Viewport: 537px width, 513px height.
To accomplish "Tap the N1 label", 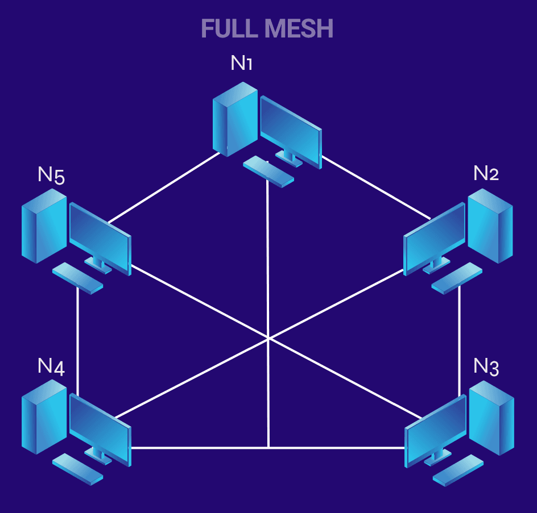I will tap(241, 63).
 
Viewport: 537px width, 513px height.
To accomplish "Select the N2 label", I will tap(486, 173).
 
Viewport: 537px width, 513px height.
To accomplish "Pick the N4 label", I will tap(51, 366).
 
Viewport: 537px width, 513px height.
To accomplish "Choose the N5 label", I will tap(51, 176).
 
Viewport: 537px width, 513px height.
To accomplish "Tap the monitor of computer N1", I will tap(291, 129).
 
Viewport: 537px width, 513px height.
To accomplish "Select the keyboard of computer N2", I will tap(456, 278).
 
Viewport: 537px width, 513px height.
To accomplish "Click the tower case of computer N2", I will tap(490, 226).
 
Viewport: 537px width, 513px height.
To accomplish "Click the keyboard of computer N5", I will tap(77, 278).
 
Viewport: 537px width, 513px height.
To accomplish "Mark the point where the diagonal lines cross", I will tap(268, 339).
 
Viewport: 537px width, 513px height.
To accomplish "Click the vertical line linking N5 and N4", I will tap(77, 341).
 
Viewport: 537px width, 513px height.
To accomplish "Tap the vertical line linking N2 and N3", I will tap(459, 341).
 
